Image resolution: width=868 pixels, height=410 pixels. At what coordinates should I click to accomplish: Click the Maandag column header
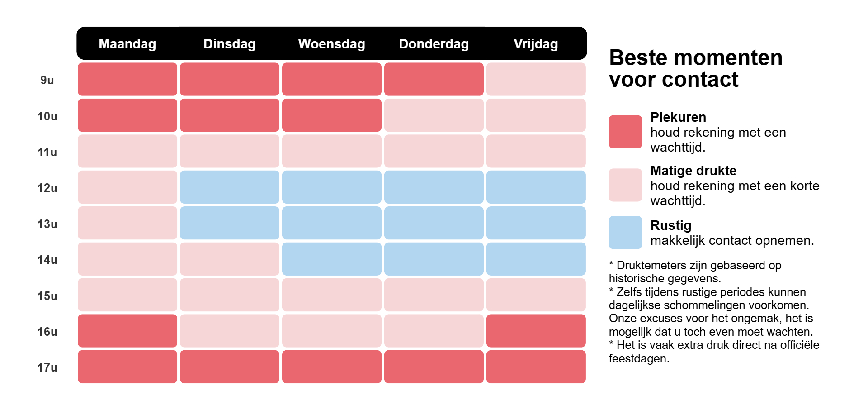click(x=127, y=44)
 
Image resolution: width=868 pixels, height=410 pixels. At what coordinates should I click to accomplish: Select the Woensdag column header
click(x=331, y=44)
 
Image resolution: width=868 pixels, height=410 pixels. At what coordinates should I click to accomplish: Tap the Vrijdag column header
click(x=536, y=44)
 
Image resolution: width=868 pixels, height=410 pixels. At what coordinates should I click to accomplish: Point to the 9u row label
click(x=47, y=80)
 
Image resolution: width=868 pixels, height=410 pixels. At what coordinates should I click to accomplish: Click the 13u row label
click(x=47, y=224)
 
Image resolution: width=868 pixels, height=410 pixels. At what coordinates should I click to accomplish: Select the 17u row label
click(x=47, y=367)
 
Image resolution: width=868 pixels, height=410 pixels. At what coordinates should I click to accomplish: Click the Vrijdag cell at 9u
click(x=536, y=79)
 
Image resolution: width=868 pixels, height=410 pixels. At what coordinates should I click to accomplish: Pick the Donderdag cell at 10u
click(x=434, y=115)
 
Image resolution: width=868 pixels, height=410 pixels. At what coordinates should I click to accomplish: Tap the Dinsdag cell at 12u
click(x=229, y=187)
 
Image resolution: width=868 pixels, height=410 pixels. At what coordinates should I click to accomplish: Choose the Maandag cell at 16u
click(x=127, y=331)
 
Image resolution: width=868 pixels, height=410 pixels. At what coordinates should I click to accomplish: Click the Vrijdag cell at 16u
click(x=536, y=331)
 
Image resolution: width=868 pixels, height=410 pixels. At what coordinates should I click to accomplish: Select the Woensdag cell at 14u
click(x=331, y=259)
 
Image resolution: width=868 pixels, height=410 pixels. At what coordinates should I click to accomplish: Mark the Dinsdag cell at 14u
click(x=229, y=259)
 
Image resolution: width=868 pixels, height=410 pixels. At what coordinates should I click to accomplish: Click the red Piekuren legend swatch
click(x=625, y=132)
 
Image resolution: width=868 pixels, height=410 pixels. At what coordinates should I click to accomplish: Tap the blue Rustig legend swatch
click(x=625, y=232)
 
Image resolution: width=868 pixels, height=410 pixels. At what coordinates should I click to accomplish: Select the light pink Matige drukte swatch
click(x=625, y=185)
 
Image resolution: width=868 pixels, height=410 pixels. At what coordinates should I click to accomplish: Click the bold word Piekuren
click(x=678, y=117)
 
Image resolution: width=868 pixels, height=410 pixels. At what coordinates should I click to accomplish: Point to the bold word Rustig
click(x=670, y=225)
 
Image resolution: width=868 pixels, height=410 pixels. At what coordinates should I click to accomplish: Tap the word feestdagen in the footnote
click(x=638, y=358)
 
